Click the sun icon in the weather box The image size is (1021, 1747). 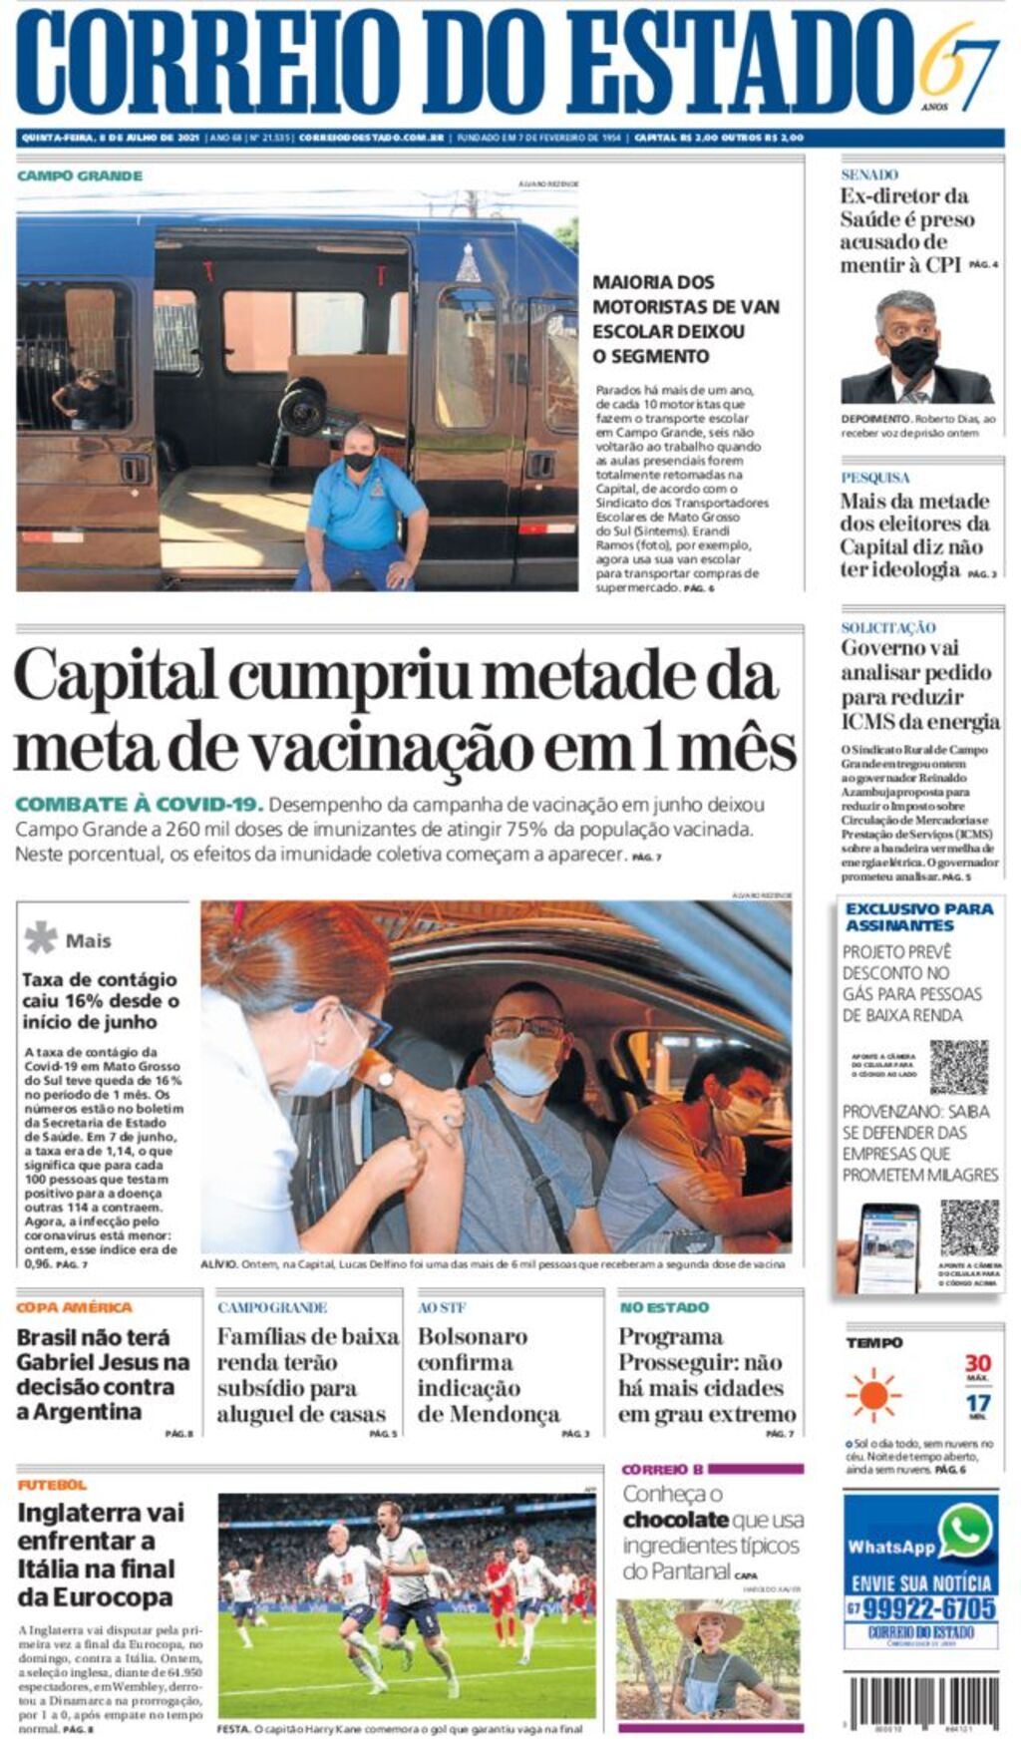pyautogui.click(x=873, y=1394)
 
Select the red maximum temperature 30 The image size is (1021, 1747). pyautogui.click(x=977, y=1363)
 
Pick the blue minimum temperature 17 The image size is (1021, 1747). pyautogui.click(x=977, y=1404)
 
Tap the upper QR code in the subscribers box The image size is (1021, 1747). pyautogui.click(x=958, y=1067)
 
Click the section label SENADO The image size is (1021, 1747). pyautogui.click(x=868, y=175)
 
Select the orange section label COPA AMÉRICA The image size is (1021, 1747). pyautogui.click(x=74, y=1307)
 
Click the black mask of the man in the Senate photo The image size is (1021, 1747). pyautogui.click(x=912, y=356)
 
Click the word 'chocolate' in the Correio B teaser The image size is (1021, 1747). pyautogui.click(x=675, y=1520)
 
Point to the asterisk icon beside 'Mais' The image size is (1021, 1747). pyautogui.click(x=41, y=937)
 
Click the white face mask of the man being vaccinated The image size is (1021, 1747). pyautogui.click(x=525, y=1063)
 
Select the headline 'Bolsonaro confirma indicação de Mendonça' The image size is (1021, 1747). pyautogui.click(x=488, y=1375)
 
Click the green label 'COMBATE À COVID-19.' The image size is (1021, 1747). pyautogui.click(x=140, y=805)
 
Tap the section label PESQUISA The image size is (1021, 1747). pyautogui.click(x=874, y=478)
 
